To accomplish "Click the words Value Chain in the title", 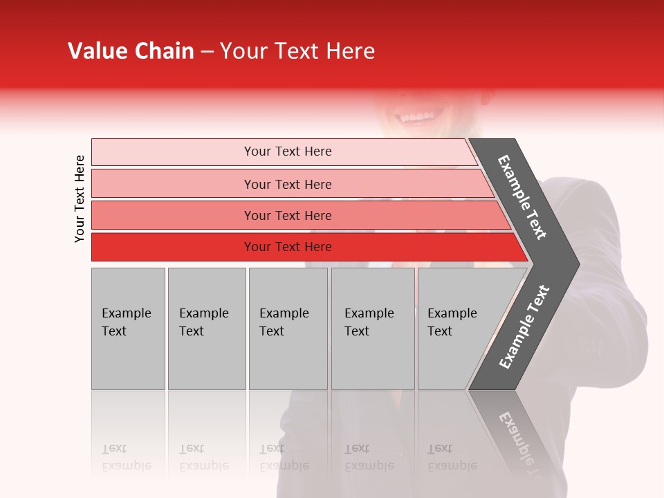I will point(131,51).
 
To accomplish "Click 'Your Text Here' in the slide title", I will point(297,51).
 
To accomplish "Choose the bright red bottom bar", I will point(173,247).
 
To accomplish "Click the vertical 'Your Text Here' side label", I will point(80,199).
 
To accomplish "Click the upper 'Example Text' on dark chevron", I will point(522,197).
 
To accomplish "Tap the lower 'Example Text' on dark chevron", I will point(524,326).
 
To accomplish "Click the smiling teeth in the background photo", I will point(415,117).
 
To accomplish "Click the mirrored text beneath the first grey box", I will point(126,457).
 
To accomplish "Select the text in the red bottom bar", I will point(288,247).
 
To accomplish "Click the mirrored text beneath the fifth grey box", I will point(452,457).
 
